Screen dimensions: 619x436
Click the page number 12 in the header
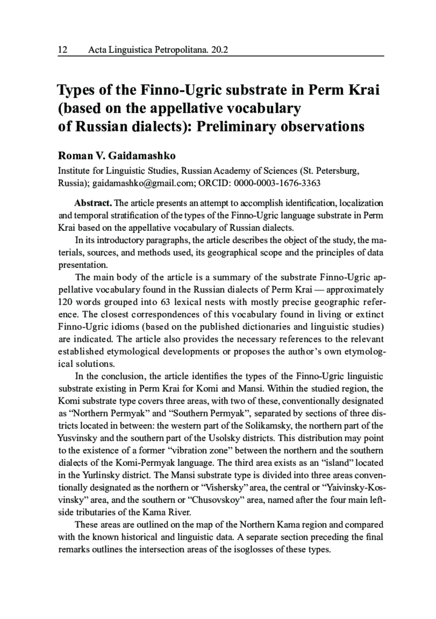click(x=63, y=49)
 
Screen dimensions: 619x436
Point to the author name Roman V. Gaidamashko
click(x=117, y=156)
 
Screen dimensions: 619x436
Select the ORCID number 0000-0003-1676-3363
click(x=277, y=183)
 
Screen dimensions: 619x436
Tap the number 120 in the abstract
click(x=65, y=302)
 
